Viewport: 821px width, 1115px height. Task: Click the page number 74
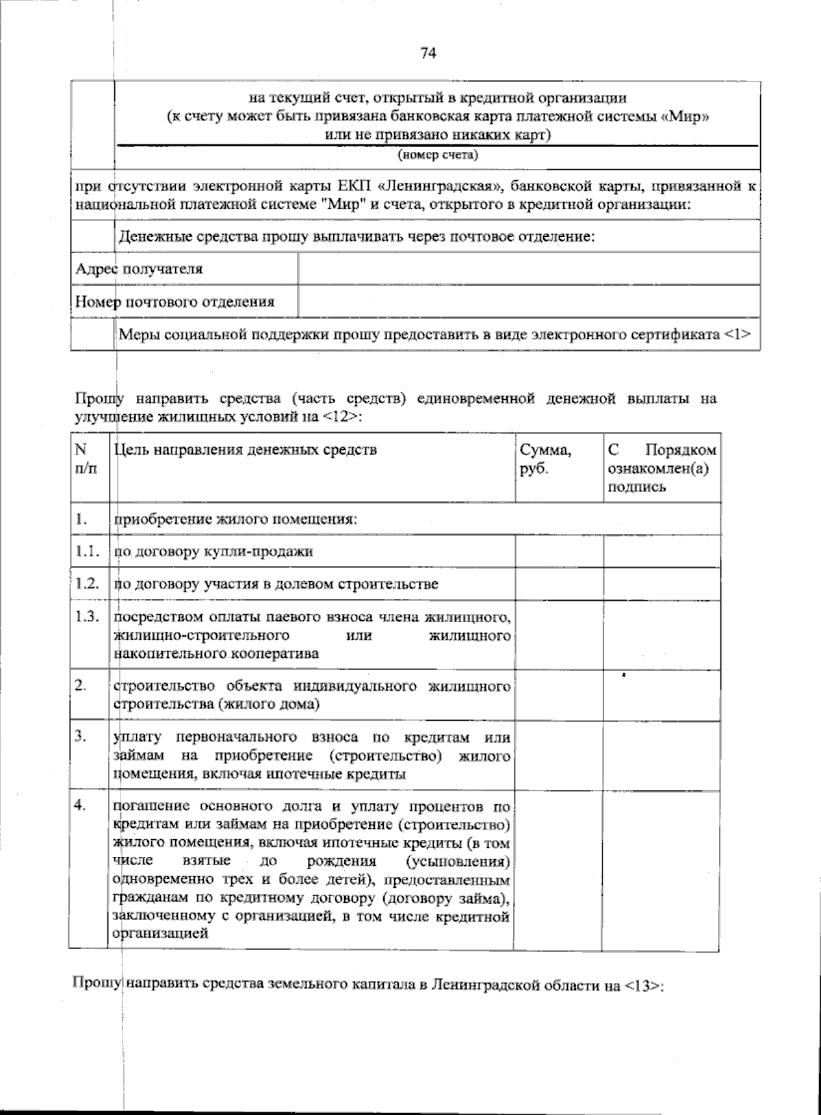(428, 53)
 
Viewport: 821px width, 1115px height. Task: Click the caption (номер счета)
(437, 155)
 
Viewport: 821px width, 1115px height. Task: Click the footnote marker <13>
(643, 986)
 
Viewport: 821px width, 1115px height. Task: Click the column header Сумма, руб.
(545, 459)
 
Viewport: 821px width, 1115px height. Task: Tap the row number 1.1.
(88, 551)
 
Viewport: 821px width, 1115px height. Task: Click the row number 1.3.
(88, 617)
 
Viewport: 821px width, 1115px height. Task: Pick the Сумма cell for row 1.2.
(558, 584)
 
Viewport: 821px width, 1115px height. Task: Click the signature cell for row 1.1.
(661, 551)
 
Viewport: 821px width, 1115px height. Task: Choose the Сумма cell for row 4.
(557, 870)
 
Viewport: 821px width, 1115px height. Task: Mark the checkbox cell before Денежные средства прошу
(92, 236)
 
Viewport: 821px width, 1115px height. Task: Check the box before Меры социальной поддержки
(92, 334)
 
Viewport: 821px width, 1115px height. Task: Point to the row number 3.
(81, 736)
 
